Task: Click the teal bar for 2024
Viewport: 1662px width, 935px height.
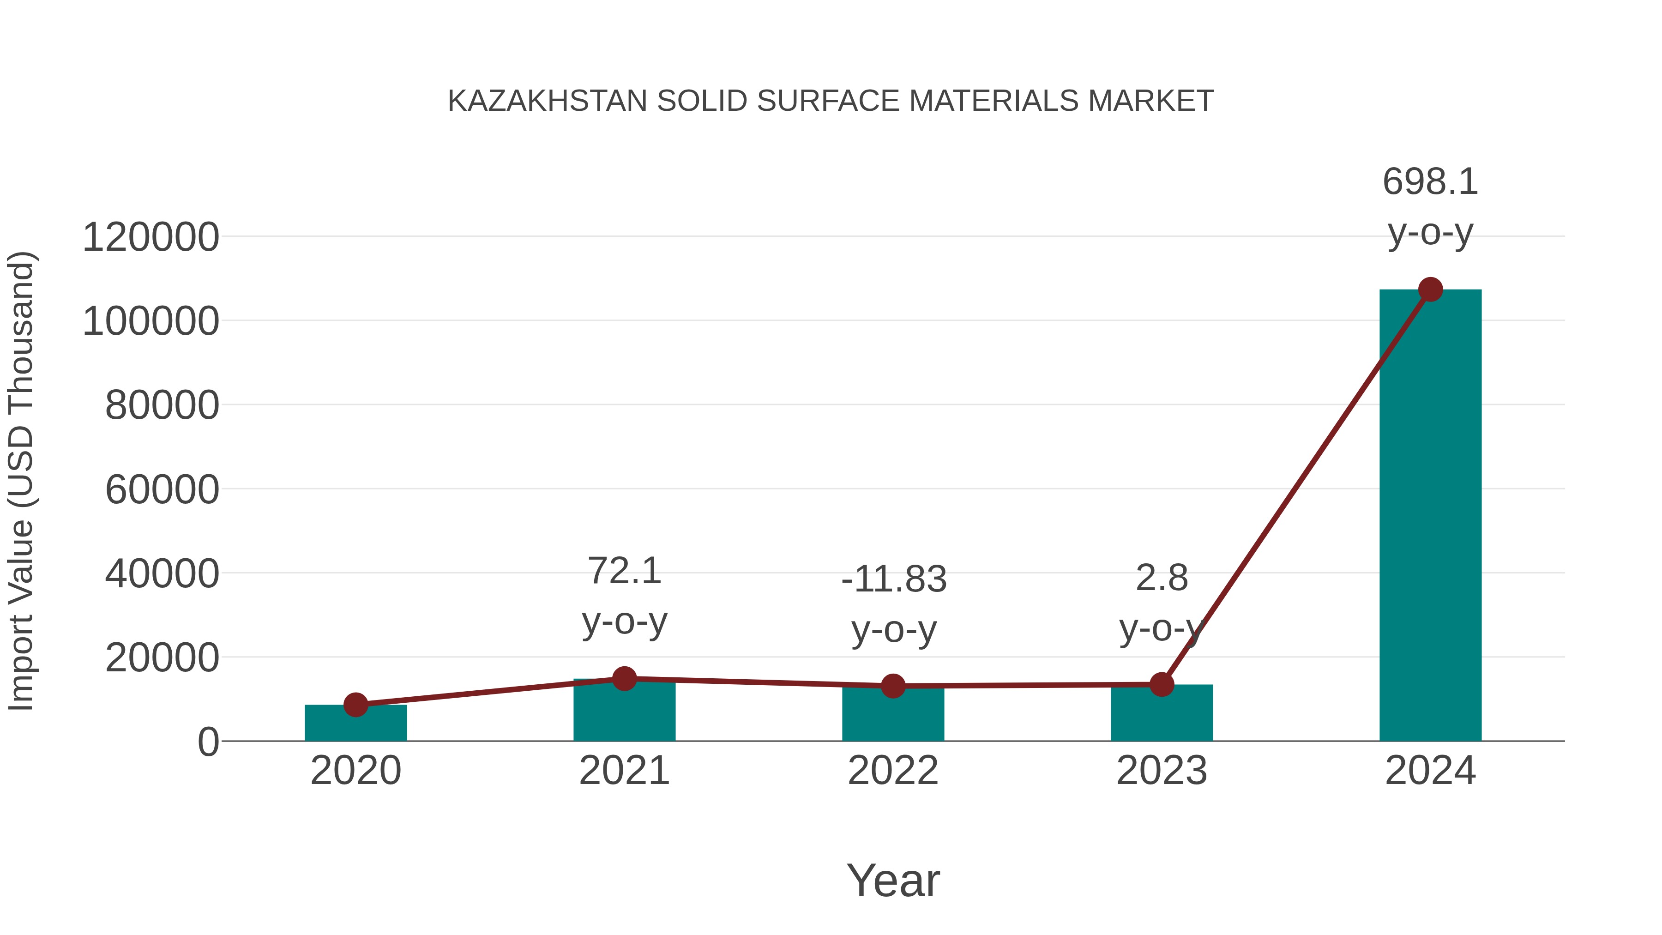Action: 1430,516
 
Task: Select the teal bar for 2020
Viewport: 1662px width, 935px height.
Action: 355,724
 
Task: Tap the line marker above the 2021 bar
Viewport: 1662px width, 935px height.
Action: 624,678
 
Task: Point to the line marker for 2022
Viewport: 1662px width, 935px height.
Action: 893,686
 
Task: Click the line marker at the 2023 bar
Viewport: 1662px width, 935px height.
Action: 1162,684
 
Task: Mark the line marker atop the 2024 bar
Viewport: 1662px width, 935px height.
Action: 1430,290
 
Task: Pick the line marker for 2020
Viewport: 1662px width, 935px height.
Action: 355,705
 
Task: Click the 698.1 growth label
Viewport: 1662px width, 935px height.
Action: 1430,182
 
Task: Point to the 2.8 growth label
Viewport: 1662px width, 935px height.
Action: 1162,578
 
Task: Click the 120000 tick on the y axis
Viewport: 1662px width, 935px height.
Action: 151,237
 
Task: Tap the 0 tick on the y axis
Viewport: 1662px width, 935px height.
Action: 208,742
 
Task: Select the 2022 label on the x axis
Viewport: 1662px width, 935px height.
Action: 893,771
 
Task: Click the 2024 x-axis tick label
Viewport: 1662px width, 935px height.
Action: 1430,771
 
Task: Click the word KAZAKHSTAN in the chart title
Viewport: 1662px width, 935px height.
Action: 547,101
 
